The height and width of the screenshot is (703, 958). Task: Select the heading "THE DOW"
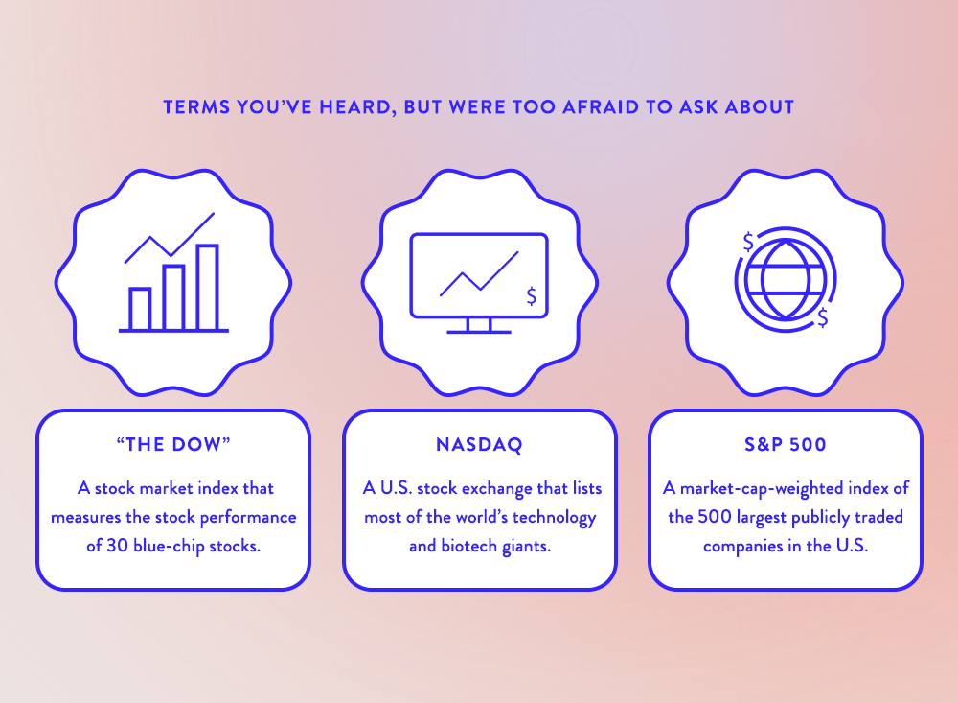pos(173,444)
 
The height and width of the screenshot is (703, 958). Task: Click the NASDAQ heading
pos(480,445)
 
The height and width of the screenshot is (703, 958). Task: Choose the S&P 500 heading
pos(786,444)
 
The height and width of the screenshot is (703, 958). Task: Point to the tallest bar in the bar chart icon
pos(208,287)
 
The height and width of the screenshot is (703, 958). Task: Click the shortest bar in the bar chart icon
pos(140,309)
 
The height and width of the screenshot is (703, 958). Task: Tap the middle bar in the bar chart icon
pos(173,298)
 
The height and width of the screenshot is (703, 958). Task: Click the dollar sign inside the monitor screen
pos(532,296)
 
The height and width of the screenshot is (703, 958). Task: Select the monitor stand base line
pos(479,332)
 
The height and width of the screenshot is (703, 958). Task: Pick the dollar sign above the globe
pos(748,243)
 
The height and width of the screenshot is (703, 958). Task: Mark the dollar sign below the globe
pos(823,316)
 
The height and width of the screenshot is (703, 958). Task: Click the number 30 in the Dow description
pos(117,545)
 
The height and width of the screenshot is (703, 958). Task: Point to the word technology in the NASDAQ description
pos(554,518)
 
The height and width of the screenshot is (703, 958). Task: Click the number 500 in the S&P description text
pos(715,516)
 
